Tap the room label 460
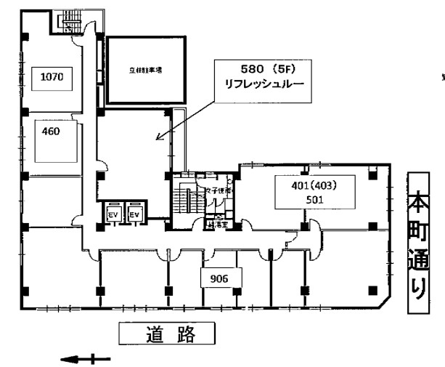[50, 132]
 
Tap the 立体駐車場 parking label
[145, 70]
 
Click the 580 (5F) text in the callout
[265, 70]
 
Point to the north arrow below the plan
[86, 358]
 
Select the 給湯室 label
[216, 225]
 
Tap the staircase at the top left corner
[69, 23]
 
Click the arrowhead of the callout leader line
[158, 137]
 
